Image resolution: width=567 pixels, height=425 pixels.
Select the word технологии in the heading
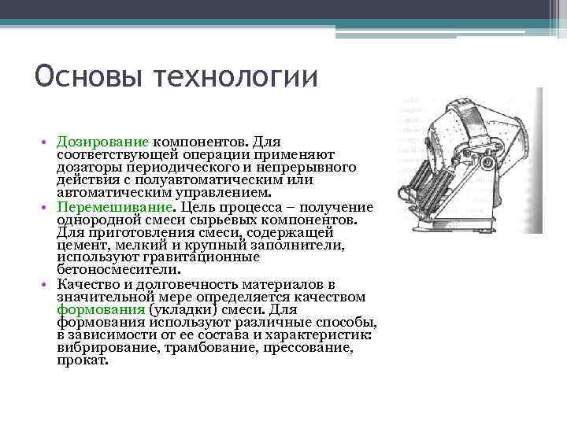point(236,78)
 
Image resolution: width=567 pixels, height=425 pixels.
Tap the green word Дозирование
point(103,143)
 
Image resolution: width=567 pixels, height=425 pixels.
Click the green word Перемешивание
point(116,206)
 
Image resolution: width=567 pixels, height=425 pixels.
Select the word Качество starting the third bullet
point(87,283)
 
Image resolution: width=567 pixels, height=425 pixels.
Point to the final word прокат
point(82,360)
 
